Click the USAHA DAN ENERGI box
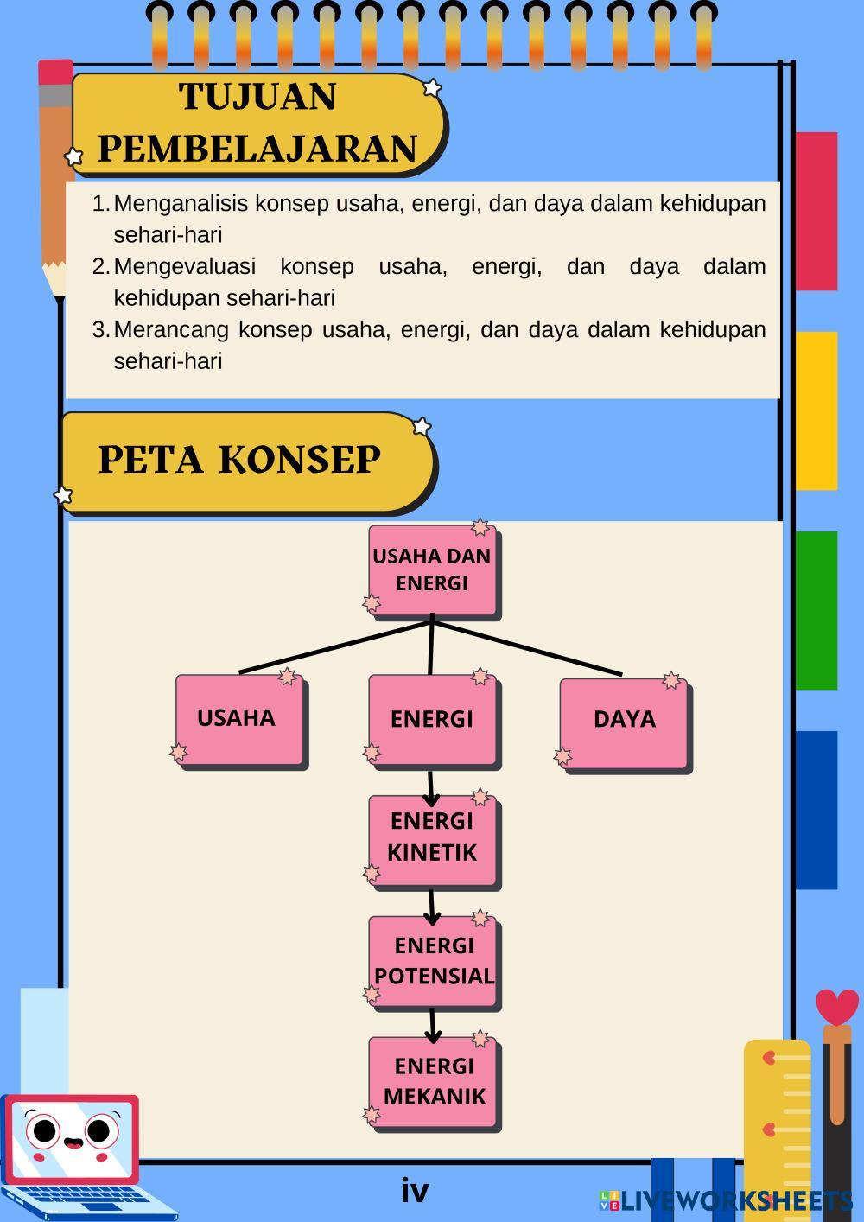(x=432, y=570)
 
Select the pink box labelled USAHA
(x=238, y=719)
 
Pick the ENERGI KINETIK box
(x=432, y=837)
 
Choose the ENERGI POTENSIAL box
(x=433, y=960)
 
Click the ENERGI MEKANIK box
(x=433, y=1081)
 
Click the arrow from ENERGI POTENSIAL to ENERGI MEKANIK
(x=433, y=1025)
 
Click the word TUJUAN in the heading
(x=257, y=97)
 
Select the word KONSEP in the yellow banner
(x=299, y=460)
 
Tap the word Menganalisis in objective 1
(x=181, y=204)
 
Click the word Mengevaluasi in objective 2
(x=184, y=267)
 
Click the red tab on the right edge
(x=816, y=211)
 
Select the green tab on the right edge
(x=816, y=610)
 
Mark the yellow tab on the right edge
(x=816, y=411)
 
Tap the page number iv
(x=415, y=1191)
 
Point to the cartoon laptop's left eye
(x=43, y=1130)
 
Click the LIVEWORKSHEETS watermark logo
(x=726, y=1200)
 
